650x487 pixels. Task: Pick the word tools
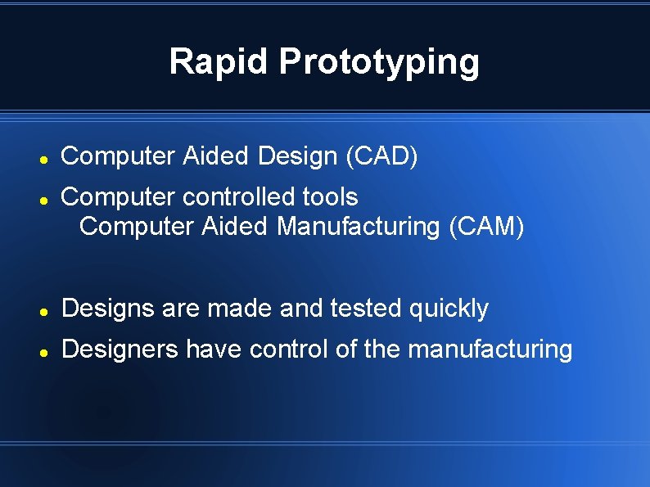click(x=330, y=197)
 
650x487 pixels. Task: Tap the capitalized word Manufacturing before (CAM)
click(x=359, y=226)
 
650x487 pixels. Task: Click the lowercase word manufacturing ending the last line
click(x=490, y=350)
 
